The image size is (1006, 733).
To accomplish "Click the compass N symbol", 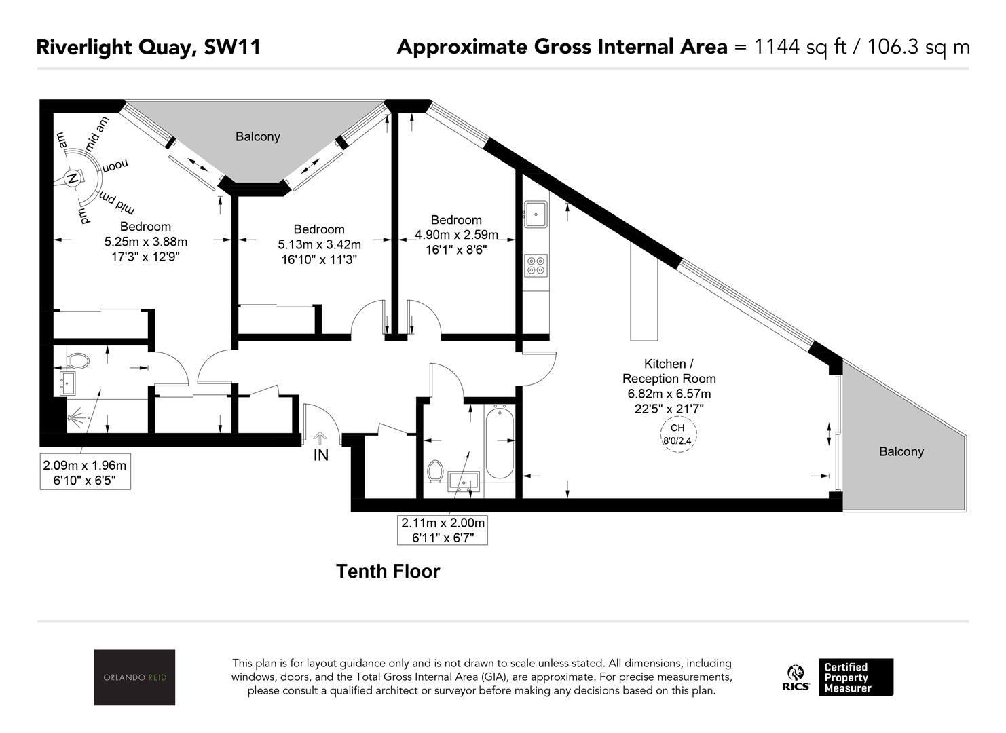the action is coord(71,178).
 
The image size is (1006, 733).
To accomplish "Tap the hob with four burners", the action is coord(536,265).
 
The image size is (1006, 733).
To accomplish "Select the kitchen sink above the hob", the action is coord(536,214).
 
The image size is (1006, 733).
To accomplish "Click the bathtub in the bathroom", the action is coord(500,443).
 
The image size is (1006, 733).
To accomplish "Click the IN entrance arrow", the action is coord(320,437).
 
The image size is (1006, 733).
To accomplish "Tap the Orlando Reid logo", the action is coord(134,677).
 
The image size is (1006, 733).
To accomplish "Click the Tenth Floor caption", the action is coord(388,571).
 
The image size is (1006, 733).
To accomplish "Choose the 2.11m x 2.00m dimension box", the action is coord(443,530).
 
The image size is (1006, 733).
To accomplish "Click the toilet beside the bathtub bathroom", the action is coord(435,471).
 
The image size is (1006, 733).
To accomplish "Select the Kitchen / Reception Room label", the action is coord(669,371).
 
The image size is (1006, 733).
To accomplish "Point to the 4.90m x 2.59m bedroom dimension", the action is coord(456,234).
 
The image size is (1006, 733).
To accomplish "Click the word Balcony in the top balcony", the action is coord(258,136).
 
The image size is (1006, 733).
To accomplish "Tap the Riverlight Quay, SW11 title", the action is coord(148,47).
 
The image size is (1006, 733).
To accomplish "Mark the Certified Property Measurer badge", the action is coord(856,677).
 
